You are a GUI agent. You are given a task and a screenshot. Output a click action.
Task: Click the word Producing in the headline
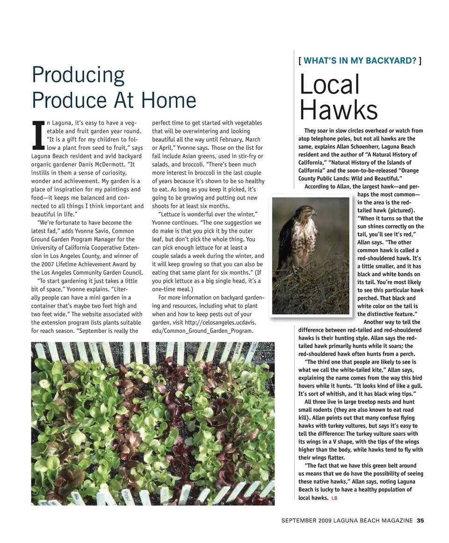pos(78,75)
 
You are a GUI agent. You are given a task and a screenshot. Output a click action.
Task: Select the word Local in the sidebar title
pos(329,85)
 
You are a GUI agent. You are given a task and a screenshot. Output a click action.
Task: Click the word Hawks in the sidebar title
pos(338,110)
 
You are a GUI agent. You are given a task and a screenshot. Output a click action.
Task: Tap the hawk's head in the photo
pos(308,212)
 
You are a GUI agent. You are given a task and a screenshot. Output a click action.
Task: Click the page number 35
pos(420,520)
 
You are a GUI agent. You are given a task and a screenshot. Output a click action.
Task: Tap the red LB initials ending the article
pos(334,498)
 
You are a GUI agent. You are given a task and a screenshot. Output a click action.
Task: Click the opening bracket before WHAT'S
pos(299,60)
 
